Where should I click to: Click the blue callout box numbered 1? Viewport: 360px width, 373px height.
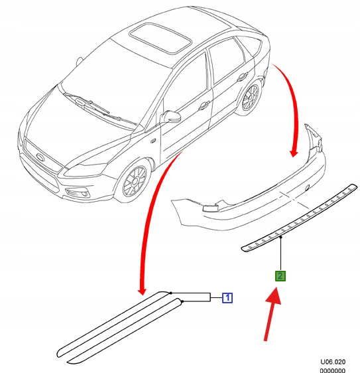pyautogui.click(x=227, y=298)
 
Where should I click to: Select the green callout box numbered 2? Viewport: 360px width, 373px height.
pyautogui.click(x=280, y=276)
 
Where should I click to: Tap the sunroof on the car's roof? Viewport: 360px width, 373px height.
pyautogui.click(x=160, y=38)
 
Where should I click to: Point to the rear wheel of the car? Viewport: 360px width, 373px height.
pyautogui.click(x=249, y=98)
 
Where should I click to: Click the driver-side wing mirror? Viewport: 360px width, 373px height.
pyautogui.click(x=171, y=116)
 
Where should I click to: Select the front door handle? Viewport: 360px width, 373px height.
pyautogui.click(x=204, y=105)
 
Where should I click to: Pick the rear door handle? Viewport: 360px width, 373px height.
pyautogui.click(x=243, y=77)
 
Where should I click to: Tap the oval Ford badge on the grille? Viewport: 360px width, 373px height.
pyautogui.click(x=40, y=157)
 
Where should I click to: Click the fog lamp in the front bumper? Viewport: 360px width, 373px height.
pyautogui.click(x=78, y=193)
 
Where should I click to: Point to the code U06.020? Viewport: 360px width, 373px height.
pyautogui.click(x=333, y=362)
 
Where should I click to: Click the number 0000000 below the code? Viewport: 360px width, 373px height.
pyautogui.click(x=332, y=370)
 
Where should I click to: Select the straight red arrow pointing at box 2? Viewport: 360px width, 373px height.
pyautogui.click(x=272, y=315)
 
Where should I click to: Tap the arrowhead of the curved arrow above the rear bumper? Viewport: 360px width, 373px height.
pyautogui.click(x=294, y=153)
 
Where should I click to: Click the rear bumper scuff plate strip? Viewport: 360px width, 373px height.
pyautogui.click(x=300, y=218)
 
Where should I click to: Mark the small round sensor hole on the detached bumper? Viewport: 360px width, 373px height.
pyautogui.click(x=307, y=187)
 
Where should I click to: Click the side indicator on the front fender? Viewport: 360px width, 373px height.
pyautogui.click(x=153, y=141)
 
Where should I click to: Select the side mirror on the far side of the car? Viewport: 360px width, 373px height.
pyautogui.click(x=79, y=62)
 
